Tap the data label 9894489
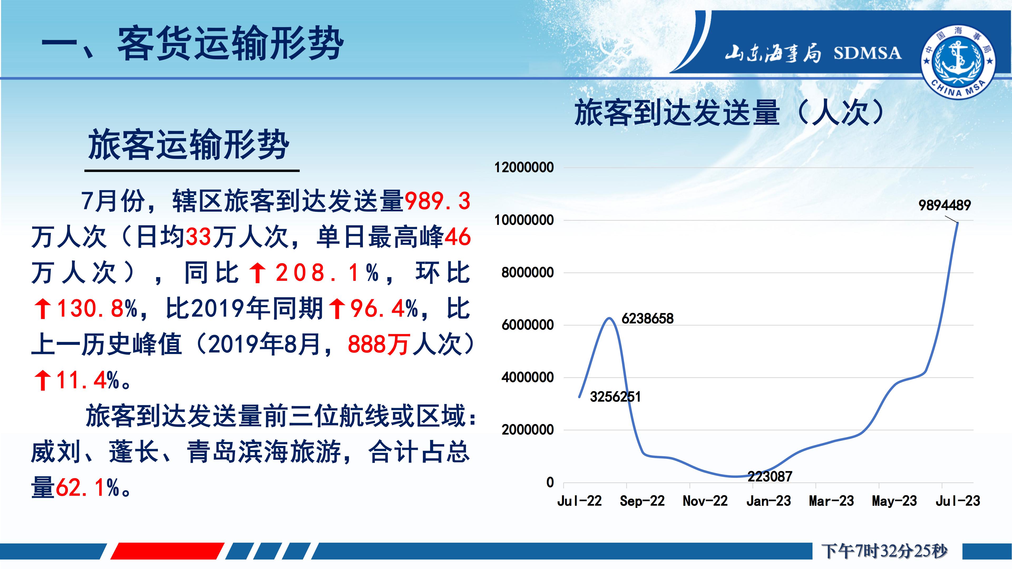click(945, 205)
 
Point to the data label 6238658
click(648, 318)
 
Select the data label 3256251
click(615, 397)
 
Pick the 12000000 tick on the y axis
click(524, 168)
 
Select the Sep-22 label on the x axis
click(642, 501)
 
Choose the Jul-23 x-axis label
click(958, 501)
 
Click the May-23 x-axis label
click(894, 501)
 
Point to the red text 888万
click(377, 344)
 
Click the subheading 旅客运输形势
click(189, 145)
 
